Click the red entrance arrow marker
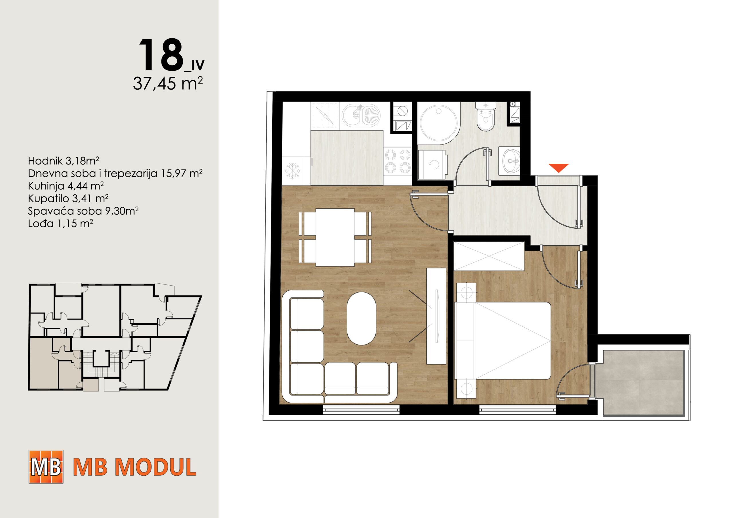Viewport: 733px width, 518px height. click(x=558, y=167)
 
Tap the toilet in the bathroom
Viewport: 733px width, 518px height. click(x=486, y=116)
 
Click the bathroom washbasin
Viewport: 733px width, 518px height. click(x=510, y=161)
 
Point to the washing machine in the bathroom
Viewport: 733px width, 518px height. click(x=432, y=164)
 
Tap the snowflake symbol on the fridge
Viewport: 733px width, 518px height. click(x=292, y=171)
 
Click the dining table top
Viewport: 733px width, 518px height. click(x=335, y=237)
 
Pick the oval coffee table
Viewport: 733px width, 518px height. click(x=361, y=318)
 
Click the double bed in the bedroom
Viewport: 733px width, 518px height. click(x=503, y=341)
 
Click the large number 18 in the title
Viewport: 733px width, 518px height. click(x=161, y=55)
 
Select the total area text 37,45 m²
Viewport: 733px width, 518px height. click(x=168, y=84)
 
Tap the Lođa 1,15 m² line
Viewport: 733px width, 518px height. click(x=61, y=224)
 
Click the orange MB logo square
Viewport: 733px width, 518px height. click(x=46, y=466)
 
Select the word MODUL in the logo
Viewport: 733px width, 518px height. click(x=155, y=467)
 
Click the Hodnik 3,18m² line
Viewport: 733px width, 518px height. click(x=64, y=161)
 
